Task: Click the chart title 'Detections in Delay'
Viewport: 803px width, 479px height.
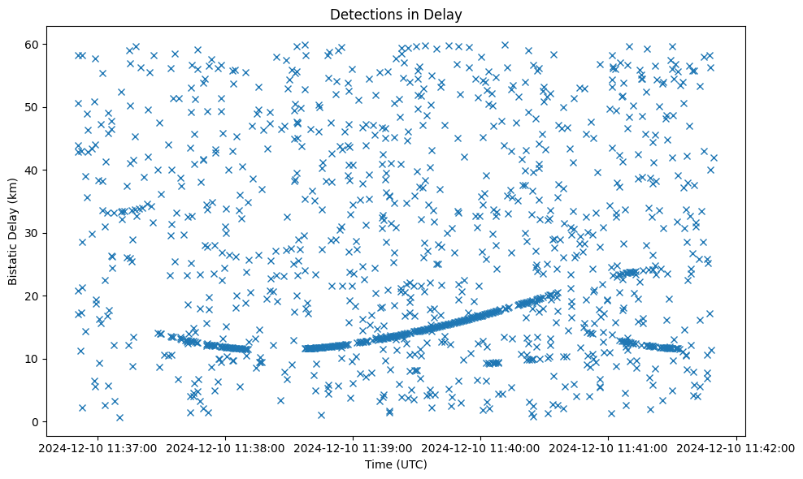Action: (x=401, y=15)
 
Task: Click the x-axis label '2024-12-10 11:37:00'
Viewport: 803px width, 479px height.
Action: (x=98, y=447)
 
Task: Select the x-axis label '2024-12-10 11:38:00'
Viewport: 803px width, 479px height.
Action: (x=226, y=447)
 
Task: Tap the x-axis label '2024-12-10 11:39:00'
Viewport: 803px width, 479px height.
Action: (x=354, y=447)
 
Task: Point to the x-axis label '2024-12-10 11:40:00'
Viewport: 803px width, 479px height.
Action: (x=481, y=447)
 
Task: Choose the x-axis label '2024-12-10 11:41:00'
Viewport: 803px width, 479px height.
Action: (x=609, y=447)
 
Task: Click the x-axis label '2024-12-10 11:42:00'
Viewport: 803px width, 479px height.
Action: (x=736, y=447)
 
